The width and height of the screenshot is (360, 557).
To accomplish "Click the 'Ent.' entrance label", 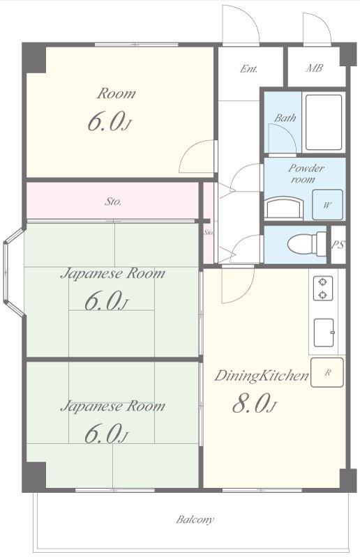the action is (248, 68).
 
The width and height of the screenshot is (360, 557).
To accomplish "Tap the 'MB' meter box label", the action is (315, 68).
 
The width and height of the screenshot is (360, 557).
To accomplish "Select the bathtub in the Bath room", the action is (324, 122).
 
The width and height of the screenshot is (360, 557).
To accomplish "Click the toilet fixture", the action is (307, 244).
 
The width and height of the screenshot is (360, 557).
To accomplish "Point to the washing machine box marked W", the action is (327, 205).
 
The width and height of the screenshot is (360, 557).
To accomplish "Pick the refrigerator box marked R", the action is (327, 372).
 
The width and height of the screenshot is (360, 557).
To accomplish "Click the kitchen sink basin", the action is (324, 333).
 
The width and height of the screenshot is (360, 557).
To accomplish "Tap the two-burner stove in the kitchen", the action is (323, 288).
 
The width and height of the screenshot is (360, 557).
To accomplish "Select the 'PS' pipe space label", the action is (338, 245).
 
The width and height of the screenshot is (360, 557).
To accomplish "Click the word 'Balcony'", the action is (195, 519).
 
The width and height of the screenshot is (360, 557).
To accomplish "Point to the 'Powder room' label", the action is (306, 174).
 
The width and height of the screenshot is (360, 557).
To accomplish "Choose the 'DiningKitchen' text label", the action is (261, 376).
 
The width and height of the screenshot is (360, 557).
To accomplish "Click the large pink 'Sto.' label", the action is (113, 201).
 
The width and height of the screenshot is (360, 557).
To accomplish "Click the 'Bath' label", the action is (285, 118).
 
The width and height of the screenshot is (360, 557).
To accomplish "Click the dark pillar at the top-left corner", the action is (34, 58).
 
